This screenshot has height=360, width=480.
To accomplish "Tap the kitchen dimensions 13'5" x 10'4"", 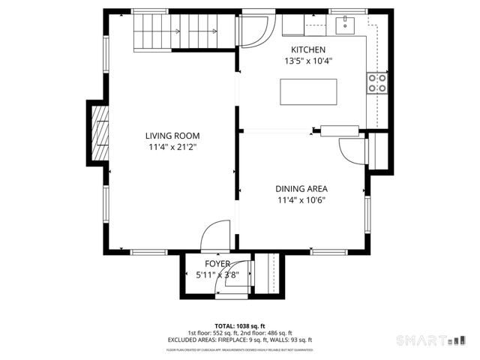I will coord(307,61).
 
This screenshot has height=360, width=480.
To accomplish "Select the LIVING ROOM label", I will coord(172,136).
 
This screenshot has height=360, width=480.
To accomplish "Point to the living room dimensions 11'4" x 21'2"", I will coord(172,148).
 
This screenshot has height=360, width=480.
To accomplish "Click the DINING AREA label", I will coord(301,189).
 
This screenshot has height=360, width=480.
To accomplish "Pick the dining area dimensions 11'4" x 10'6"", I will coord(301,200).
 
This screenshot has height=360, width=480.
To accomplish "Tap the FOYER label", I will coord(217,264).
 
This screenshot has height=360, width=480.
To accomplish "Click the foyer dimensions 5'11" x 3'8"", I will coord(217,274).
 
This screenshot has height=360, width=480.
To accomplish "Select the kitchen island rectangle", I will coord(307,92).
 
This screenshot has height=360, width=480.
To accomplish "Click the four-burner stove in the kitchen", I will coord(377,82).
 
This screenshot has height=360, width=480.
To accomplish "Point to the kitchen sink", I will coord(345,26).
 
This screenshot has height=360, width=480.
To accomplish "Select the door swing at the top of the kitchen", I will coord(255,31).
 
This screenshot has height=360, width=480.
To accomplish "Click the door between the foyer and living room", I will coord(218,234).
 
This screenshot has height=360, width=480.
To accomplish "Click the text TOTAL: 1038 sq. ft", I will coord(240,326).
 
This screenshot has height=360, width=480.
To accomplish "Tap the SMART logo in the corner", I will coord(424,340).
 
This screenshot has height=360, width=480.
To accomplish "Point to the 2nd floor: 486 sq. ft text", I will coord(265,333).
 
